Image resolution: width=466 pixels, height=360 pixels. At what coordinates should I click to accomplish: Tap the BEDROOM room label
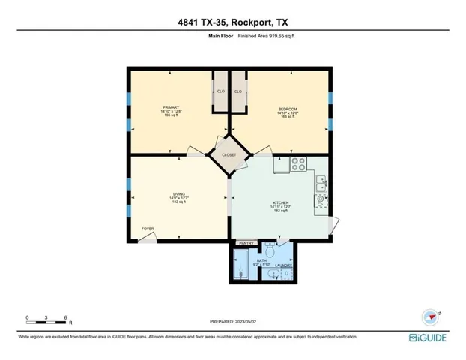pos(288,109)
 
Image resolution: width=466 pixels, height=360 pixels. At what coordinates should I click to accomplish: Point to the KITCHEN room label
pos(280,202)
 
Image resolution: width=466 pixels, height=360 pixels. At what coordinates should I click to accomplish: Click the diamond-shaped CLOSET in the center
pos(229,154)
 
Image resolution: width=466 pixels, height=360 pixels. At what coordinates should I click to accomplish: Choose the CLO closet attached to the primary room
pos(220,91)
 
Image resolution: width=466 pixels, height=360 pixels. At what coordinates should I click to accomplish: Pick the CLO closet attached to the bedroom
pos(238,91)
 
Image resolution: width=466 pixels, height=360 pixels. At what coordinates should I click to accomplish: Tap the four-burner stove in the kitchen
pos(299,163)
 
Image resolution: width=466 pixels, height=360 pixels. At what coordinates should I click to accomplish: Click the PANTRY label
pos(246,243)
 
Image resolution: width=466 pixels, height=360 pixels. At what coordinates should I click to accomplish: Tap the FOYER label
pos(148,229)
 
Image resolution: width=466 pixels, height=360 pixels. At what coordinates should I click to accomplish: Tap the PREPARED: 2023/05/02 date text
pos(232,322)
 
